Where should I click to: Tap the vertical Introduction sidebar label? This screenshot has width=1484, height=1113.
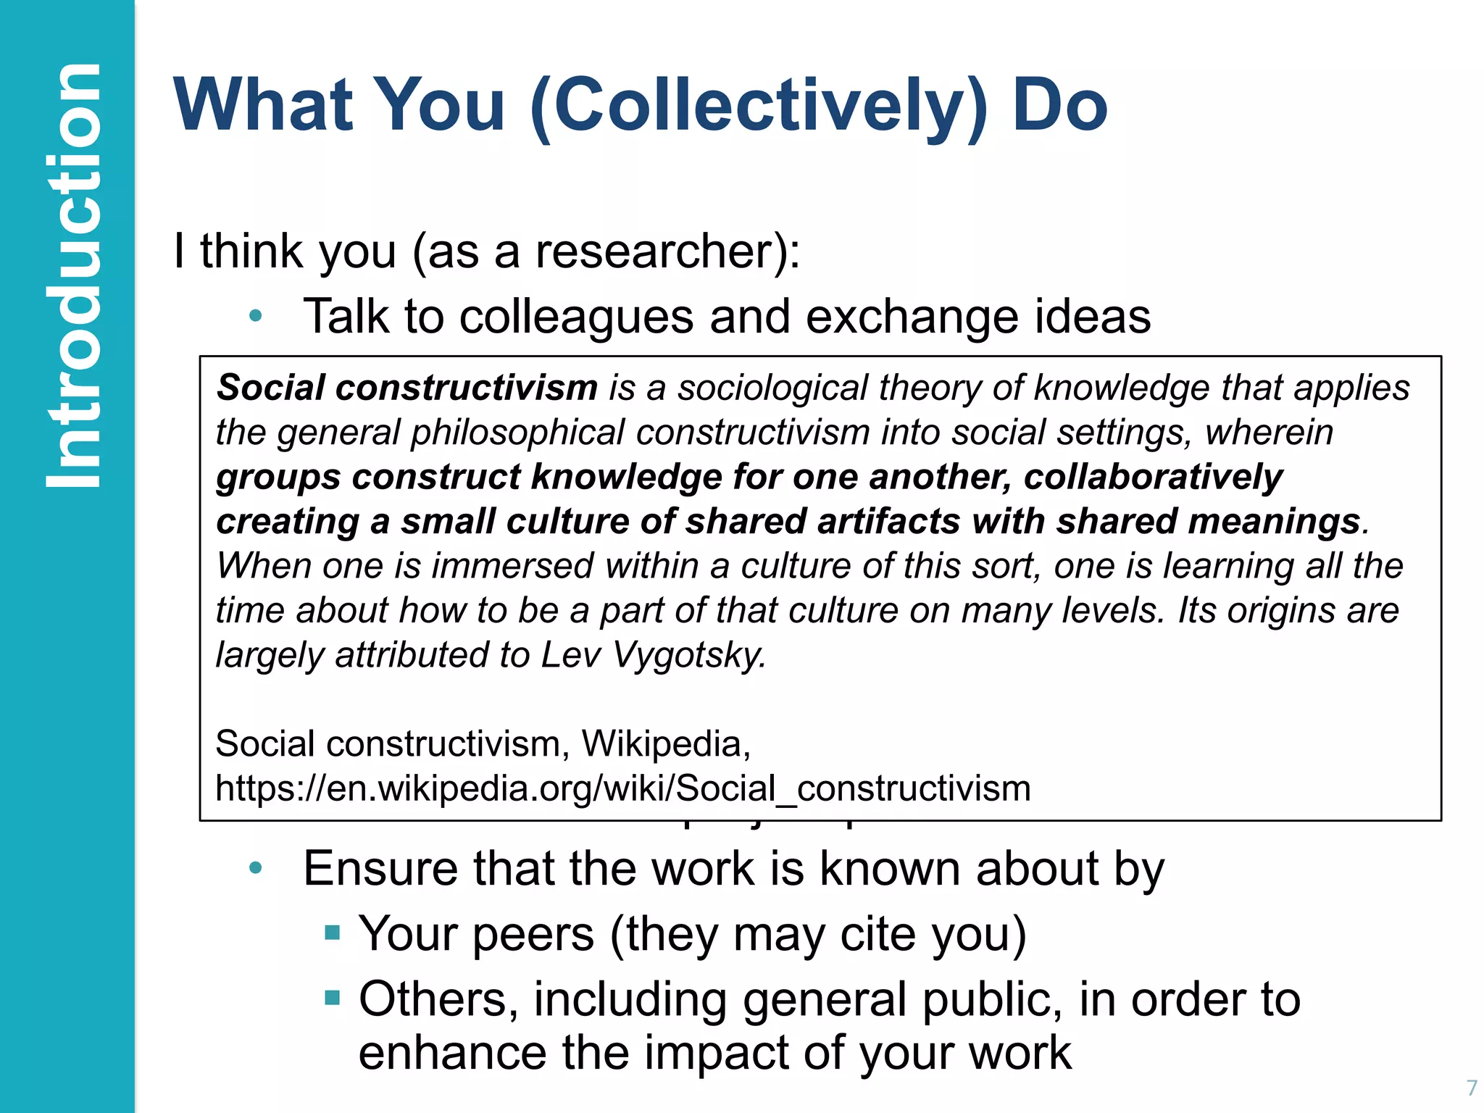[x=72, y=275]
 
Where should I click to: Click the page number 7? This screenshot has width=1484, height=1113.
[x=1471, y=1088]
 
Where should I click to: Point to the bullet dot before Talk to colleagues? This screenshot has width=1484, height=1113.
[x=255, y=316]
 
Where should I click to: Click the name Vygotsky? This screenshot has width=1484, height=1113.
[x=689, y=655]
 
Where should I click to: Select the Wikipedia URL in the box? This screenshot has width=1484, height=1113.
[x=623, y=788]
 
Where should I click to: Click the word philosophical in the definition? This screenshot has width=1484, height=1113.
[x=517, y=433]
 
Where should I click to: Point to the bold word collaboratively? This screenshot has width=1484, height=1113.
[x=1153, y=478]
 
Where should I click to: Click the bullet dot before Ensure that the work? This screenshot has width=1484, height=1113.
[x=255, y=868]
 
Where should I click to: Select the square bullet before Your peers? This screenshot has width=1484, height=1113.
[x=333, y=933]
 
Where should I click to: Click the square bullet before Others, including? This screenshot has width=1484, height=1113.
[x=333, y=999]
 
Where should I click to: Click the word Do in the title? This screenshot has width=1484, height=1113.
[x=1059, y=107]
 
